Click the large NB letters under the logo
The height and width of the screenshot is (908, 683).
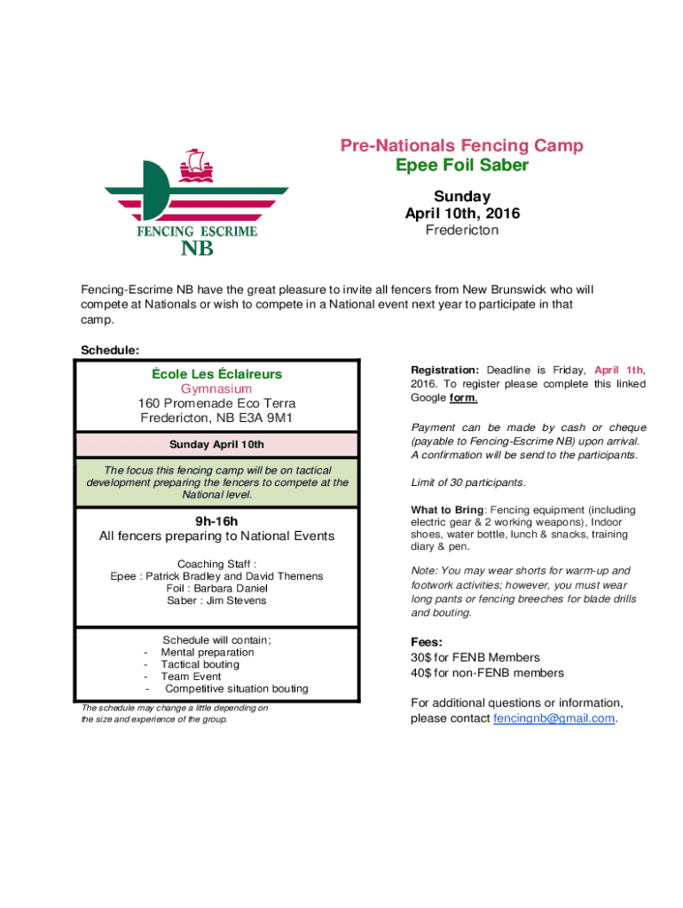(197, 249)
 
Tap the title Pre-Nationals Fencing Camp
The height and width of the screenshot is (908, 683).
(462, 146)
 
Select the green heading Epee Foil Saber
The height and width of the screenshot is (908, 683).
(462, 166)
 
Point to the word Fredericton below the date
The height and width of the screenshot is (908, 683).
(462, 231)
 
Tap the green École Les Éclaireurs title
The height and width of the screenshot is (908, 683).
(216, 374)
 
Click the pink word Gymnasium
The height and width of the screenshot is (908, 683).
(216, 388)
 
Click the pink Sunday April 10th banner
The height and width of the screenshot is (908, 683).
(216, 444)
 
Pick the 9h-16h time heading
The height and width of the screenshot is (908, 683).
(216, 521)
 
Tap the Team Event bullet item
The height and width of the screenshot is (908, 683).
(191, 677)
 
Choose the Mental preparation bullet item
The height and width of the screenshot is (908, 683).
(207, 652)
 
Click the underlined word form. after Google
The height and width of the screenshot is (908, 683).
(464, 398)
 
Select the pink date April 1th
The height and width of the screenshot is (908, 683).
(619, 370)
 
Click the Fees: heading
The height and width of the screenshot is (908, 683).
(426, 642)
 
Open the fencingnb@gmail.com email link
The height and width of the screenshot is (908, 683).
(553, 718)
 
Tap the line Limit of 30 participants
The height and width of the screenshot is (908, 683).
(467, 482)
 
